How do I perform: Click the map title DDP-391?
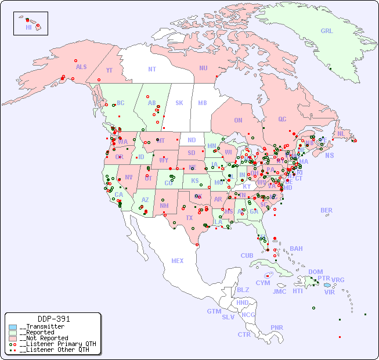click(53, 319)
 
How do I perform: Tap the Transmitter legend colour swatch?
click(13, 326)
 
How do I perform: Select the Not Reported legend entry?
click(43, 338)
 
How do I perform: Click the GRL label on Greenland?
click(327, 31)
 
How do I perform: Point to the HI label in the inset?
click(28, 27)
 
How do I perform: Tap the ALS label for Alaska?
click(81, 67)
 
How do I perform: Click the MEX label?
click(178, 261)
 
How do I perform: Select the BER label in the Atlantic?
click(327, 210)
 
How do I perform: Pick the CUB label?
click(247, 255)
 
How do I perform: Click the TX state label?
click(189, 218)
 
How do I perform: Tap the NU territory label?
click(203, 68)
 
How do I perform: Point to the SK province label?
click(179, 103)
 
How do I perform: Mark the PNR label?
click(277, 327)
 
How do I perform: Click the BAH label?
click(296, 249)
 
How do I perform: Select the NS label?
click(329, 155)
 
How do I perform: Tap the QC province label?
click(282, 119)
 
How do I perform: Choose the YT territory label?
click(109, 70)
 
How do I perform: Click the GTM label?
click(214, 311)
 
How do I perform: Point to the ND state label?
click(192, 140)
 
